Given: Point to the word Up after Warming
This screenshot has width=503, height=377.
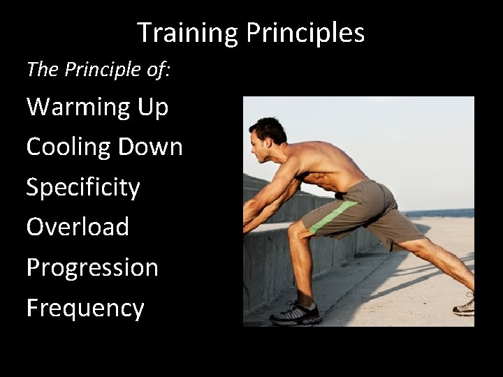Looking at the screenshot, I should coord(152,108).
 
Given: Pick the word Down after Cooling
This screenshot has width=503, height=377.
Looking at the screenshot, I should coord(150,147).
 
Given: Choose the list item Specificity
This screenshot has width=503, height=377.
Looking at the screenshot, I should coord(83,188).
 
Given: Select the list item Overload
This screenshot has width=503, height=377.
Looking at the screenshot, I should coord(78,227).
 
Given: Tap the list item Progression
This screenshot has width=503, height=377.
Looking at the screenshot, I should coord(92,267).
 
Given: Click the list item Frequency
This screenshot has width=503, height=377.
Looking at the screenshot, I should coord(85,308).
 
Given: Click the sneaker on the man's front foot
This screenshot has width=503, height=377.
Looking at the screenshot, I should coord(296,313).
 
